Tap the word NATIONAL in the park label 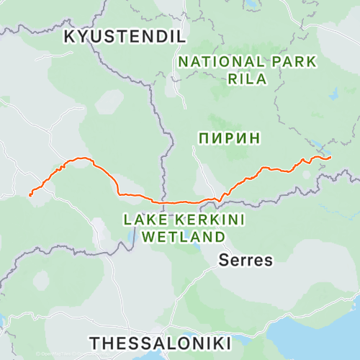(x=209, y=62)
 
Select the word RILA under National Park (x=247, y=79)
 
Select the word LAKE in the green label (x=141, y=219)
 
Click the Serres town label (x=246, y=260)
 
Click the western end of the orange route (x=30, y=194)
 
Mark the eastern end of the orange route (x=330, y=157)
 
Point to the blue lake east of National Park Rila (x=333, y=94)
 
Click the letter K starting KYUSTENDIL (x=70, y=37)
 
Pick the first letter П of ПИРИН (x=202, y=136)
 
